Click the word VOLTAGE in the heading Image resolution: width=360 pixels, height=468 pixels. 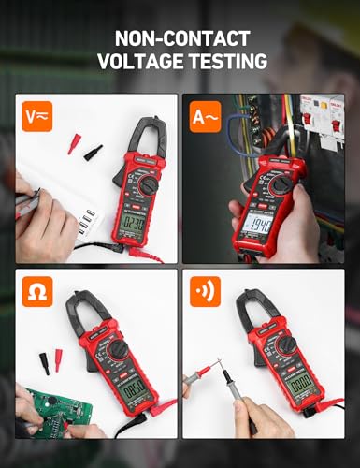(x=143, y=62)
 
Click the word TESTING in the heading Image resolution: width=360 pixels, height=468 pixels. (x=229, y=62)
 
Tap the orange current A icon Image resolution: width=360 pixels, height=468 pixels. (x=207, y=118)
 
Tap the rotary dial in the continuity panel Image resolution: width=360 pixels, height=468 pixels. (x=286, y=345)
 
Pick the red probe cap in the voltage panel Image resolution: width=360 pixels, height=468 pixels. (x=73, y=143)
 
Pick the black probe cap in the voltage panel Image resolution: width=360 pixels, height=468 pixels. (x=93, y=151)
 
